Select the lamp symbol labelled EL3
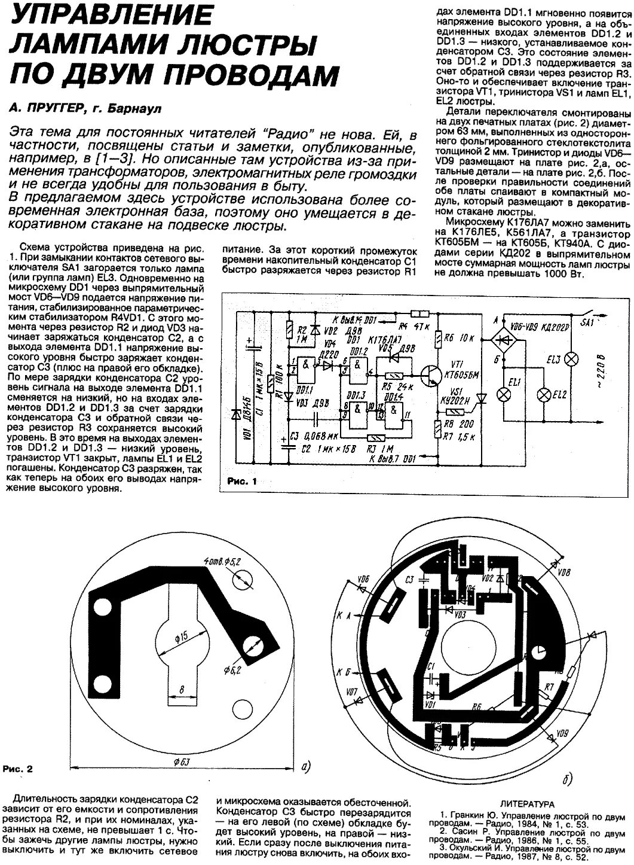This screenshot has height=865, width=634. coord(571,358)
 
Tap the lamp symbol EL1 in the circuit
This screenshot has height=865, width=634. coord(505,395)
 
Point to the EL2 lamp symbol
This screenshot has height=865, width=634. coord(544,395)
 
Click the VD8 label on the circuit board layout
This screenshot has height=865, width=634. coord(562,572)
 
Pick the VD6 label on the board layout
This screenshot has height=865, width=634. coord(363,578)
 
